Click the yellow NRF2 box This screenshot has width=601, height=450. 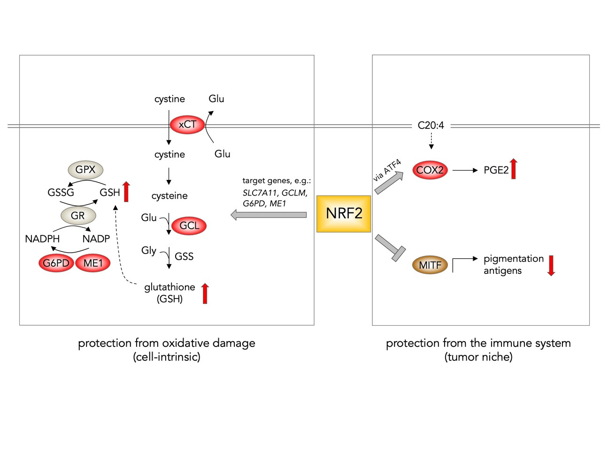[x=344, y=214]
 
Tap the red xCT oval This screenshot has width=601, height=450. [x=187, y=125]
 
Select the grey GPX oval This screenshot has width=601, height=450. [x=85, y=170]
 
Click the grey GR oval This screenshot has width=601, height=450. [x=78, y=216]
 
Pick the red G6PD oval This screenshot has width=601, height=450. [x=56, y=263]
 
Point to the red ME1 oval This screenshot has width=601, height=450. [x=93, y=263]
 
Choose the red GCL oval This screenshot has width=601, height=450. [x=189, y=226]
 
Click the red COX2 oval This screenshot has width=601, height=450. [x=430, y=170]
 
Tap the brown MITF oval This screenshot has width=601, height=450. [x=430, y=265]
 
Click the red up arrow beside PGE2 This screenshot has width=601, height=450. [x=514, y=169]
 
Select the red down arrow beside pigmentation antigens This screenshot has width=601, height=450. [x=551, y=265]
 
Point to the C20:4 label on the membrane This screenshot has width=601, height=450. [x=431, y=126]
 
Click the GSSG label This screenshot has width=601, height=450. [x=61, y=193]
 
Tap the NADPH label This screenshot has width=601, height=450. [x=42, y=239]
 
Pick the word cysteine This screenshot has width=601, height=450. [x=170, y=196]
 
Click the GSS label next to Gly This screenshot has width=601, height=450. [x=184, y=257]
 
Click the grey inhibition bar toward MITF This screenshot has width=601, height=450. [x=390, y=248]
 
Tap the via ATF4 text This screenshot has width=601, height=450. [x=387, y=171]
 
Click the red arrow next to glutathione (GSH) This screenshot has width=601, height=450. [x=205, y=293]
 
